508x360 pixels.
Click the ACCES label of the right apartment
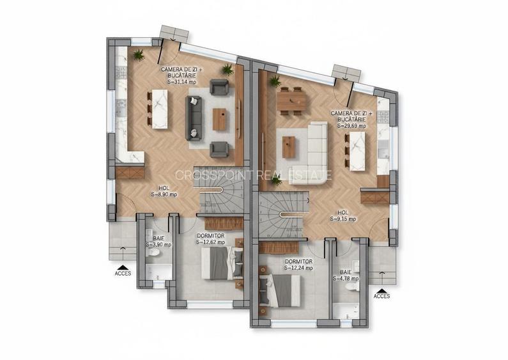381,296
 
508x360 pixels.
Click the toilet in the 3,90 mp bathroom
153,254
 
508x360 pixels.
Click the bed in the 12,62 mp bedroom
220,263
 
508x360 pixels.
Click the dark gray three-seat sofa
194,118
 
